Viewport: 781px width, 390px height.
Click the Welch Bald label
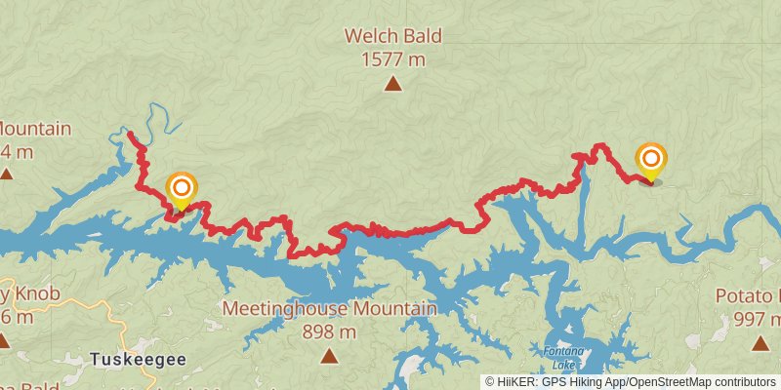[392, 37]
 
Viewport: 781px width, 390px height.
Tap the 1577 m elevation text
[392, 59]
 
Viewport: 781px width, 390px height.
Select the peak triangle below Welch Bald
[392, 85]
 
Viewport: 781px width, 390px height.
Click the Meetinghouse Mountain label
[329, 309]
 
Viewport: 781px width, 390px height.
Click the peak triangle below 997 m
[760, 342]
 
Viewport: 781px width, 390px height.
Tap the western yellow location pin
[181, 190]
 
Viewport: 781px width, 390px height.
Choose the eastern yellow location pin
[650, 161]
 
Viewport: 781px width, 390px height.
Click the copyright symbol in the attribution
[490, 382]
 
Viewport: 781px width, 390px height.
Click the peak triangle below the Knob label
[3, 341]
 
